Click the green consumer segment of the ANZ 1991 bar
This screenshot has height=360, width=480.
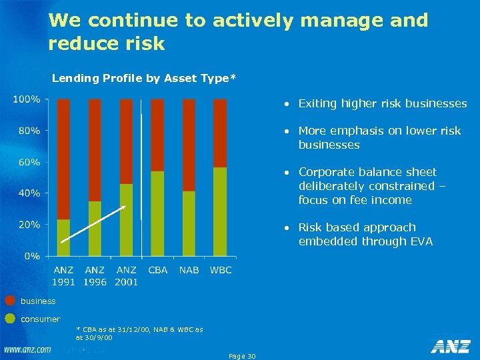pyautogui.click(x=63, y=237)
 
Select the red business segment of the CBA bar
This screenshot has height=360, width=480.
pyautogui.click(x=157, y=135)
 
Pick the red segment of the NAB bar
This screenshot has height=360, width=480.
pyautogui.click(x=189, y=145)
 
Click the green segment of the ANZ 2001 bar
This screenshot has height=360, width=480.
pyautogui.click(x=126, y=219)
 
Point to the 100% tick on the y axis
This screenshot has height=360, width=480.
pyautogui.click(x=26, y=99)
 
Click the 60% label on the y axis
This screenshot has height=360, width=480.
pyautogui.click(x=29, y=162)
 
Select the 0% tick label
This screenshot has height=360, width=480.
pyautogui.click(x=31, y=256)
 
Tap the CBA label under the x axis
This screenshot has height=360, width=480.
pyautogui.click(x=157, y=270)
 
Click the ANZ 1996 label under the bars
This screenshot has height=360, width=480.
pyautogui.click(x=95, y=276)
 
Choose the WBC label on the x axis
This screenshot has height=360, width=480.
pyautogui.click(x=221, y=270)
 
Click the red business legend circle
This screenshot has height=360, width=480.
pyautogui.click(x=10, y=301)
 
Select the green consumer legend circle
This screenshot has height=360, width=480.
pyautogui.click(x=10, y=318)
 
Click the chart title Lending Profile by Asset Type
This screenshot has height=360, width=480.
pyautogui.click(x=143, y=79)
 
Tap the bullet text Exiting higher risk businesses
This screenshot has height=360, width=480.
pyautogui.click(x=382, y=103)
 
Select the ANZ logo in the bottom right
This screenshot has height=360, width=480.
pyautogui.click(x=450, y=346)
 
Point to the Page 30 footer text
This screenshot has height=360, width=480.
pyautogui.click(x=241, y=356)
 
